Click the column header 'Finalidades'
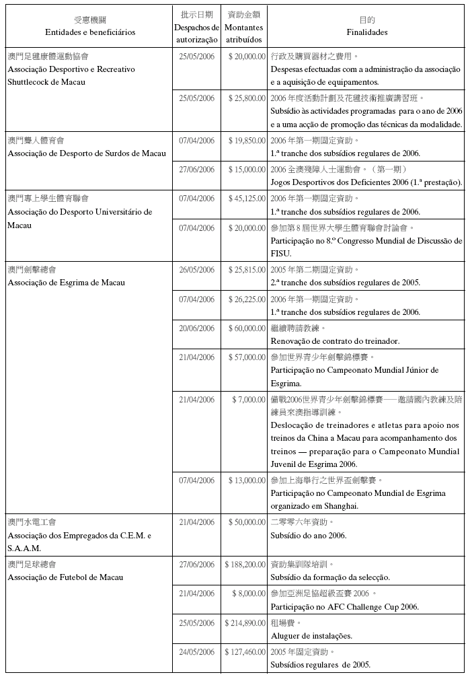pos(366,32)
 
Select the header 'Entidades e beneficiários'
pos(90,32)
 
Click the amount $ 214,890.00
pos(245,623)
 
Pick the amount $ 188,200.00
pos(245,564)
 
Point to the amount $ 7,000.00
pos(249,400)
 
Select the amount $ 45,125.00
pos(247,199)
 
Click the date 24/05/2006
pos(197,652)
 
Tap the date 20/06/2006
pos(197,328)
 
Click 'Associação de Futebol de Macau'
pos(65,577)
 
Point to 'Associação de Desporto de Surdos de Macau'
pos(86,153)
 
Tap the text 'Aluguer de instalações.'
pos(311,636)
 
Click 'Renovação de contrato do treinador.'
pos(335,341)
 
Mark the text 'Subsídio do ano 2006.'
pos(309,535)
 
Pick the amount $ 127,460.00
pos(245,652)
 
